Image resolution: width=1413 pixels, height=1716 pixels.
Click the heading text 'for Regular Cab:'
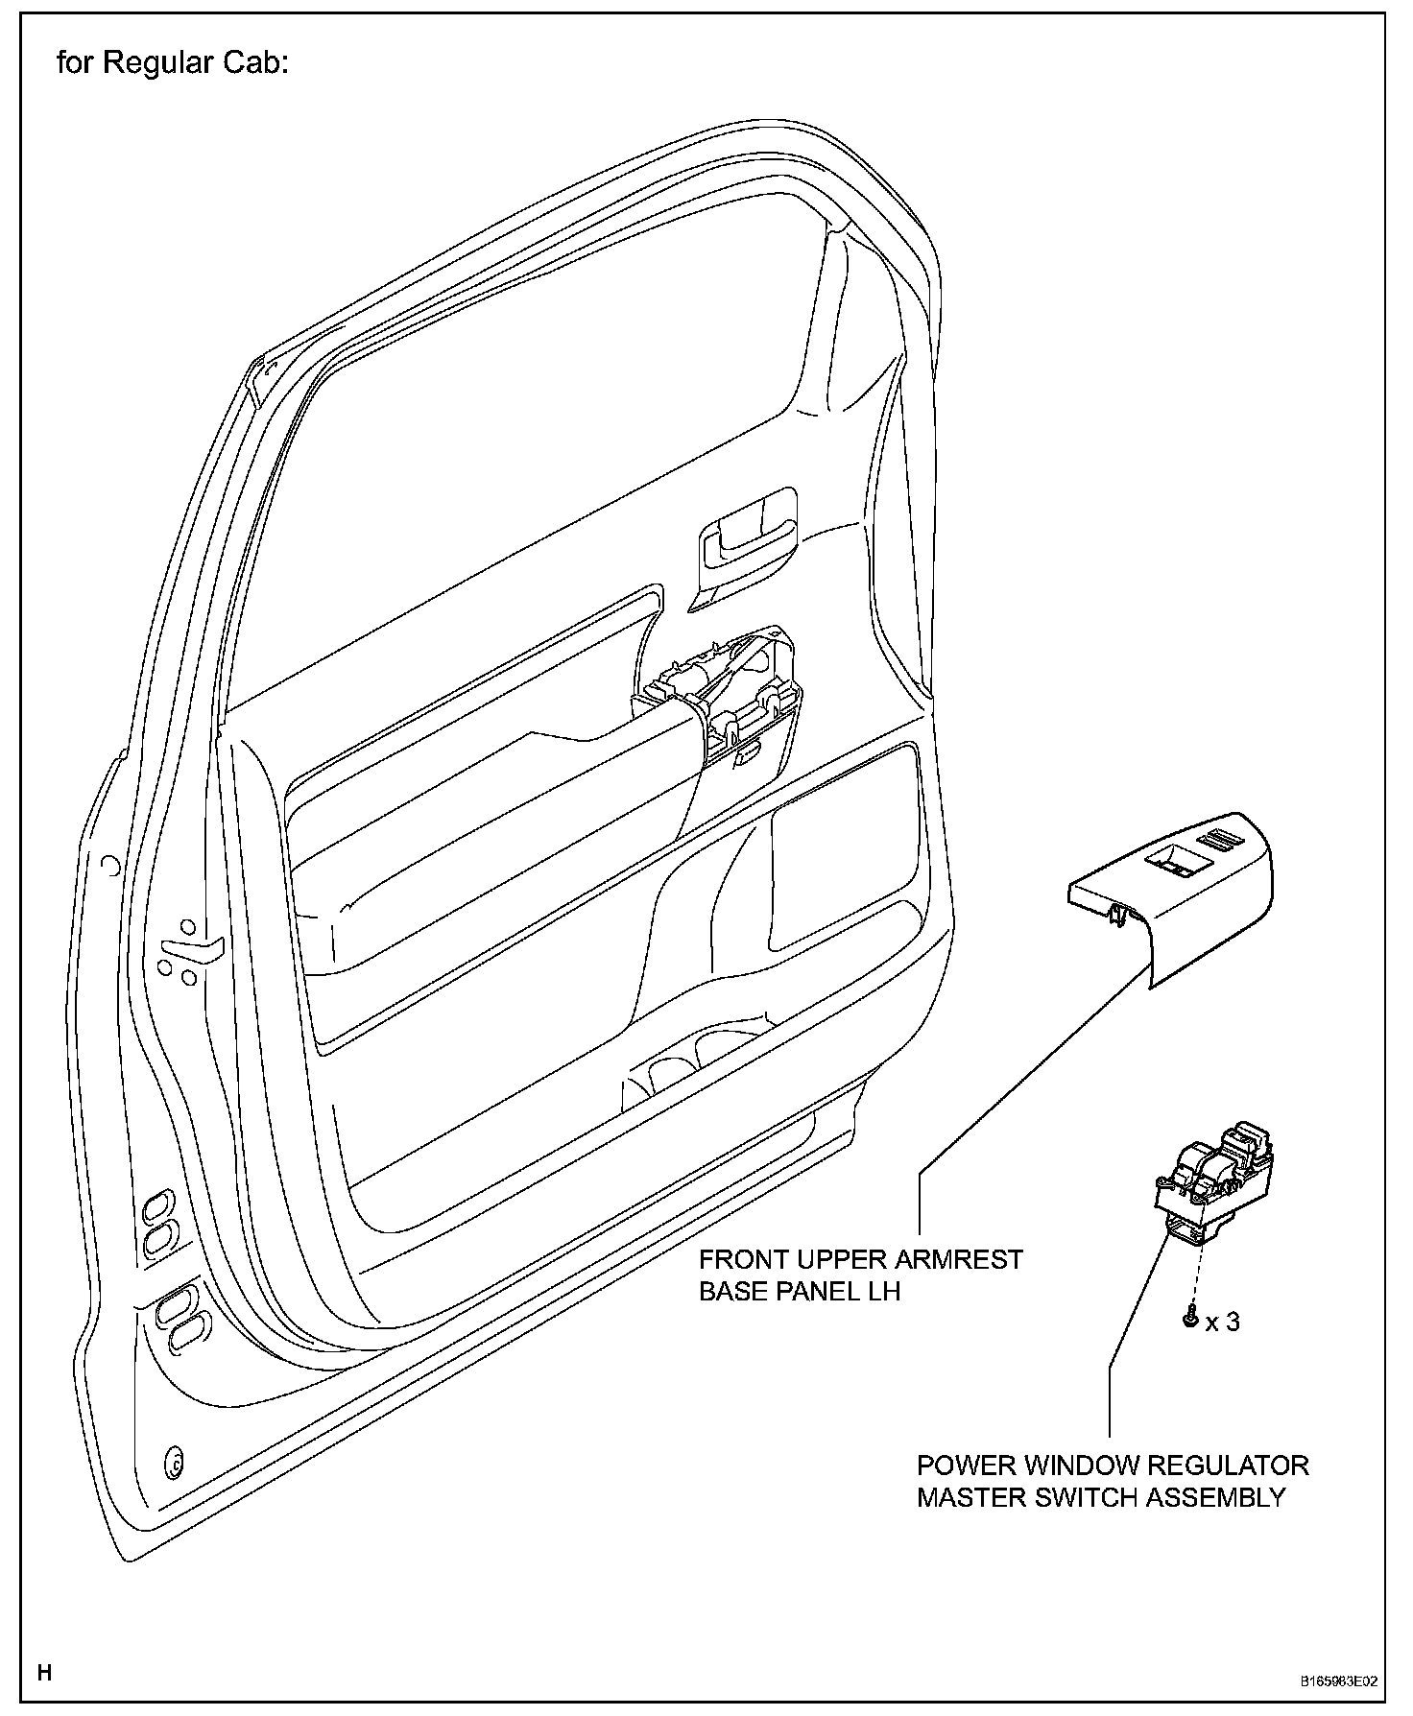coord(173,63)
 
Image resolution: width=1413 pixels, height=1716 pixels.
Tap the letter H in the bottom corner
coord(44,1647)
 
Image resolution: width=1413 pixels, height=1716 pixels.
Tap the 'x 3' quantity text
coord(1222,1323)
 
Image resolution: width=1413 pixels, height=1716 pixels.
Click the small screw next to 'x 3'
coord(1191,1321)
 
